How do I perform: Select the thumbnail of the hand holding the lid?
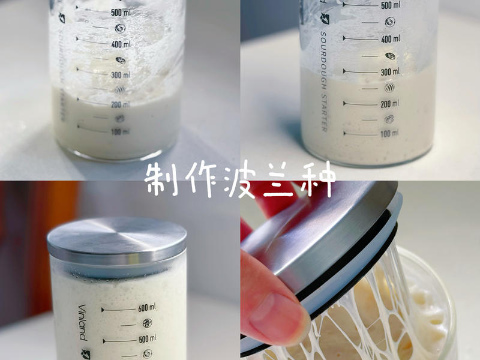(x=360, y=270)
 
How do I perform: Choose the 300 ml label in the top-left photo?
(x=121, y=76)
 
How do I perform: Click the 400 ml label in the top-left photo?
(x=121, y=44)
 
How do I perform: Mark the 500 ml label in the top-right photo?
(x=391, y=5)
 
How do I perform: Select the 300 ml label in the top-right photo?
(x=390, y=72)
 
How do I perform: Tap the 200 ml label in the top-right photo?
(x=390, y=104)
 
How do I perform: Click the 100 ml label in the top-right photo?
(x=389, y=134)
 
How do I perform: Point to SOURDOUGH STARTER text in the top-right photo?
(x=323, y=81)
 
